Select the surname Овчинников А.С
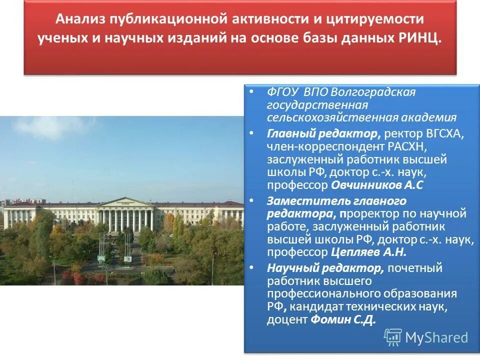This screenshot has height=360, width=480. pos(377,185)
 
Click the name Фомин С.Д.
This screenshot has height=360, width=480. pos(343,319)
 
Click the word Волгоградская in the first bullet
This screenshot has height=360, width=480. pos(373,92)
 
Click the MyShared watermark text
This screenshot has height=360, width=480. pos(436,337)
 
